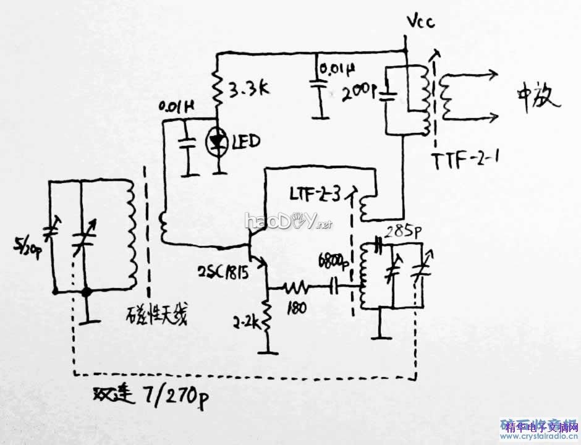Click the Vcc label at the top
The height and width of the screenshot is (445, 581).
click(420, 23)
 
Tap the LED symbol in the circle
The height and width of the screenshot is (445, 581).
click(217, 142)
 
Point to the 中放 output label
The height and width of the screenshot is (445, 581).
click(538, 97)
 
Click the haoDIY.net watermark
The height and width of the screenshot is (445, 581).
click(288, 221)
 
